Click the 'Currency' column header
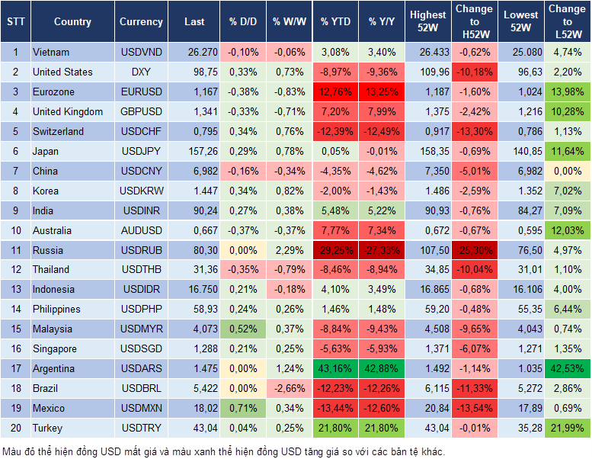141,22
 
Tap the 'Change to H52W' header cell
473,22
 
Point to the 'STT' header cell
14,22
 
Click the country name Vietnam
51,52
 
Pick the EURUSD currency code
141,91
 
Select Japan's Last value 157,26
194,151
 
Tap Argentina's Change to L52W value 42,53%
567,368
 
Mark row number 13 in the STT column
14,289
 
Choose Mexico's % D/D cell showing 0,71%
243,408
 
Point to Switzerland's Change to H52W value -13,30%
473,131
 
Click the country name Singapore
55,348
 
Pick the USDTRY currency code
141,428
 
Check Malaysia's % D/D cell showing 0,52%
243,329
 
